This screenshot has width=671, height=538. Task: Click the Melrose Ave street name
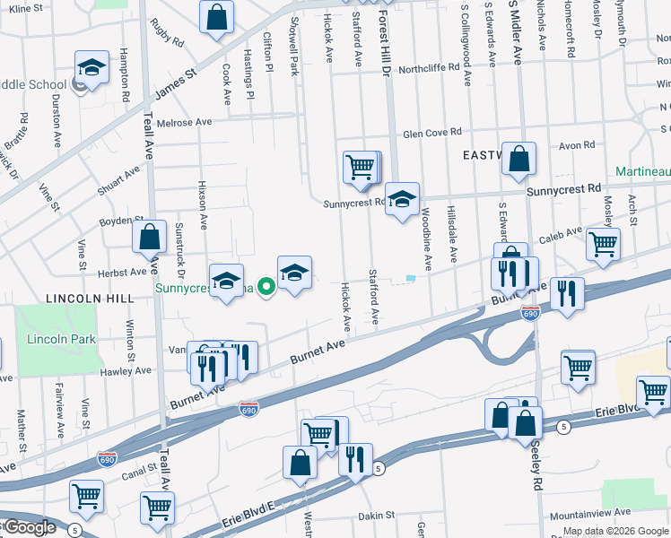click(x=184, y=121)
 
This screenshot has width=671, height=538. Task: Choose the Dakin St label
click(x=377, y=515)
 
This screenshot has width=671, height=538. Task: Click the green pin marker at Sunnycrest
click(x=266, y=288)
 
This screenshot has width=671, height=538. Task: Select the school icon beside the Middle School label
click(x=91, y=67)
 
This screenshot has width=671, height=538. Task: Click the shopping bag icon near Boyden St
click(x=150, y=238)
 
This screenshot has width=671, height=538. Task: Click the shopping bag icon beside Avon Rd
click(x=518, y=160)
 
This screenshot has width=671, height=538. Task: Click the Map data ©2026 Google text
click(x=615, y=531)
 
